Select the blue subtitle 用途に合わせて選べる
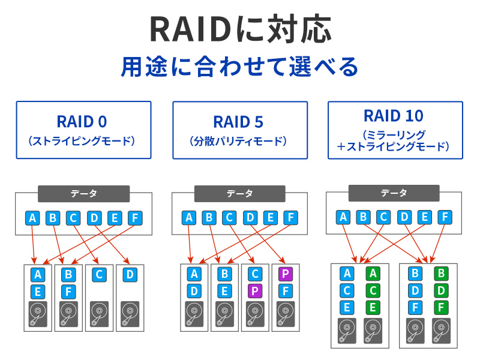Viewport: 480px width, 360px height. click(x=239, y=66)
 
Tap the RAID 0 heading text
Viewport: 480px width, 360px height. click(x=82, y=122)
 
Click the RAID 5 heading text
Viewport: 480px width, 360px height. click(x=239, y=122)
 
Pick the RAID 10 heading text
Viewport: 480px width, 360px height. click(x=394, y=116)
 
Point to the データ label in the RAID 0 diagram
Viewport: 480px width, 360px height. click(x=84, y=194)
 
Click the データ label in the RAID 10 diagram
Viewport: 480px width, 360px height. click(x=394, y=193)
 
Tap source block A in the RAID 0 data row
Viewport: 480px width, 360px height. click(x=34, y=218)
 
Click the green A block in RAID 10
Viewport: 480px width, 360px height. click(x=373, y=274)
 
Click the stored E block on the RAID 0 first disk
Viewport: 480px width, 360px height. click(x=38, y=292)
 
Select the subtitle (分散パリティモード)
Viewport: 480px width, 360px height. click(x=239, y=142)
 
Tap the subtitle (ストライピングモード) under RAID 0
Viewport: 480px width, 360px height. click(x=82, y=142)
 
